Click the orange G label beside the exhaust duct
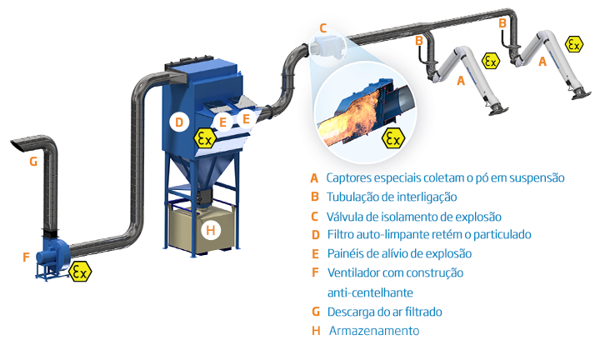tap(33, 162)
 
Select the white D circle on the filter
tap(177, 122)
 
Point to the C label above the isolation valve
tap(323, 29)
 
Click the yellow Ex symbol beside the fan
tap(80, 272)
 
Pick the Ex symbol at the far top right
tap(574, 44)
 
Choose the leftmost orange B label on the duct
tap(420, 40)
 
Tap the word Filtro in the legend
tap(341, 235)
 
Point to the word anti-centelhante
tap(370, 292)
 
